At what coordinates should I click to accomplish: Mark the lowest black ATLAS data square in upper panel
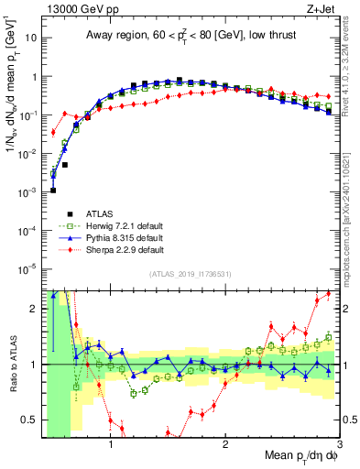pyautogui.click(x=53, y=191)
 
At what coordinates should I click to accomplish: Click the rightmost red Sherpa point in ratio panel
pyautogui.click(x=329, y=294)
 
